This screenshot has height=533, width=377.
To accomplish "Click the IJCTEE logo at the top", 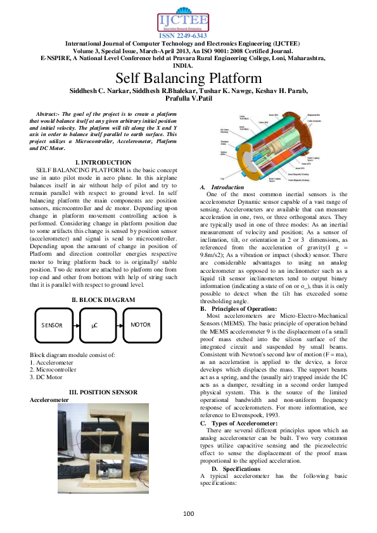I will (x=188, y=18).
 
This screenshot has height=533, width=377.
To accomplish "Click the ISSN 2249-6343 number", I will (x=188, y=36).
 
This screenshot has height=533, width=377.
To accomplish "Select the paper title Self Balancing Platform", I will (x=188, y=78).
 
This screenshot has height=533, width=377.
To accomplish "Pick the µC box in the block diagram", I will (x=94, y=325).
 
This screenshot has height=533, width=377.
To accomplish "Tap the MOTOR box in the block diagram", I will (x=140, y=325).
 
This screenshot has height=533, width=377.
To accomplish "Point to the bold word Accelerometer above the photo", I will (x=50, y=400).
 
